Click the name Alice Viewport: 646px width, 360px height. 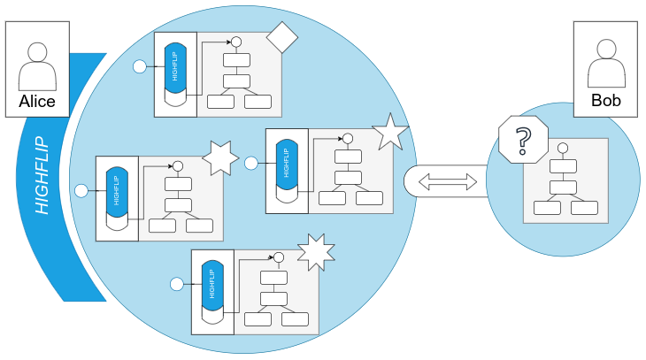coord(37,102)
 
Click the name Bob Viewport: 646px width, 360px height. coord(605,101)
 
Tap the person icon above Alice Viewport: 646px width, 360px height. coord(37,61)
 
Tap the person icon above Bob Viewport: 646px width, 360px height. coord(605,61)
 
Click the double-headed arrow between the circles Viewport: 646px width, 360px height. coord(447,181)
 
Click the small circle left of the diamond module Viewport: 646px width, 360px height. coord(139,66)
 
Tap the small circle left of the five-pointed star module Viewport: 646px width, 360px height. coord(250,163)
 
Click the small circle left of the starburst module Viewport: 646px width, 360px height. coord(176,283)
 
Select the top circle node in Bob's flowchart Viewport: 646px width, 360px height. coord(562,147)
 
